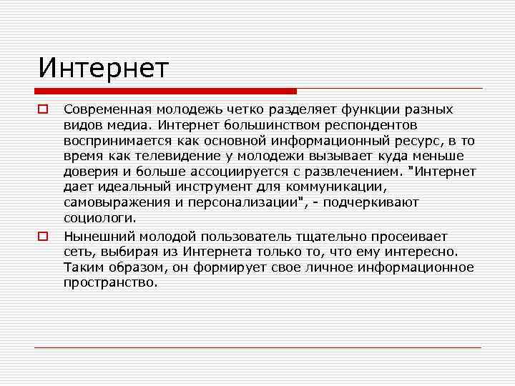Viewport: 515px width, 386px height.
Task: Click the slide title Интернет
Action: click(104, 69)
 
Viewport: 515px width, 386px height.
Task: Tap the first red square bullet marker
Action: click(43, 110)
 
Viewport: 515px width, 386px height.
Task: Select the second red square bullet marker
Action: click(43, 235)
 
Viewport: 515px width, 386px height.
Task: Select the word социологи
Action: click(99, 219)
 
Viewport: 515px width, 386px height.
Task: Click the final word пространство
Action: click(111, 282)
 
